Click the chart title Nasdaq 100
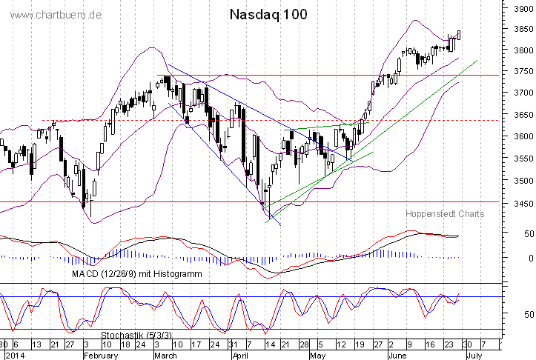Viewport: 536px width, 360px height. pos(268,14)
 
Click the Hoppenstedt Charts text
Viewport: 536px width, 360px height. pos(445,213)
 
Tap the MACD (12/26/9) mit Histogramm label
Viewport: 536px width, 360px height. pos(137,273)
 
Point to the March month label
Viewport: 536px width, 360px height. pos(165,354)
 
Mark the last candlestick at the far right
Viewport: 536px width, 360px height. pos(460,35)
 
